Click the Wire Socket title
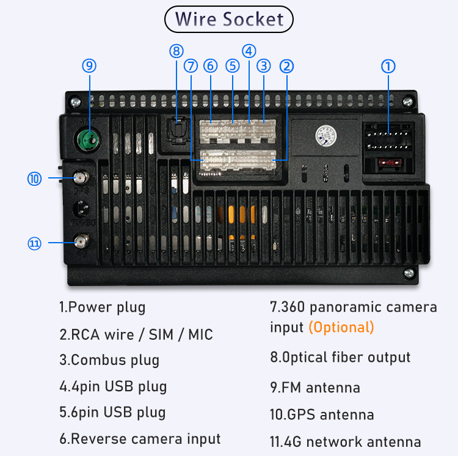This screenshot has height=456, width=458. pyautogui.click(x=229, y=20)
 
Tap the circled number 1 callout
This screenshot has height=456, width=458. pyautogui.click(x=388, y=67)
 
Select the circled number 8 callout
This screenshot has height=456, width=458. pyautogui.click(x=176, y=51)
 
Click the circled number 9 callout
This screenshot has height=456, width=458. pyautogui.click(x=89, y=66)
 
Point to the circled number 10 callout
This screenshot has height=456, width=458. pyautogui.click(x=34, y=178)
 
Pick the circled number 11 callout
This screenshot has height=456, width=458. pyautogui.click(x=34, y=243)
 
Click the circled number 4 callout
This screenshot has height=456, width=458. pyautogui.click(x=249, y=51)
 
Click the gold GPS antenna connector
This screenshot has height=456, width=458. pyautogui.click(x=81, y=177)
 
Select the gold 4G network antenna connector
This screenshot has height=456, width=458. pyautogui.click(x=81, y=241)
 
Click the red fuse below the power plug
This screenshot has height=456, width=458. pyautogui.click(x=390, y=163)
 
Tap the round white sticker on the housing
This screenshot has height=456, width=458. pyautogui.click(x=325, y=136)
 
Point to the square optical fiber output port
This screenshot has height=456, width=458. pyautogui.click(x=177, y=130)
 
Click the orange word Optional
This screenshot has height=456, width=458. pyautogui.click(x=341, y=328)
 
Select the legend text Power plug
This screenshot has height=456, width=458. pyautogui.click(x=102, y=307)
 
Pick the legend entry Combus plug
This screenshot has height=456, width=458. pyautogui.click(x=109, y=360)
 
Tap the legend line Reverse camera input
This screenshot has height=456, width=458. pyautogui.click(x=140, y=439)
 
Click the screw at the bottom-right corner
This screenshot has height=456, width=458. pyautogui.click(x=409, y=273)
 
